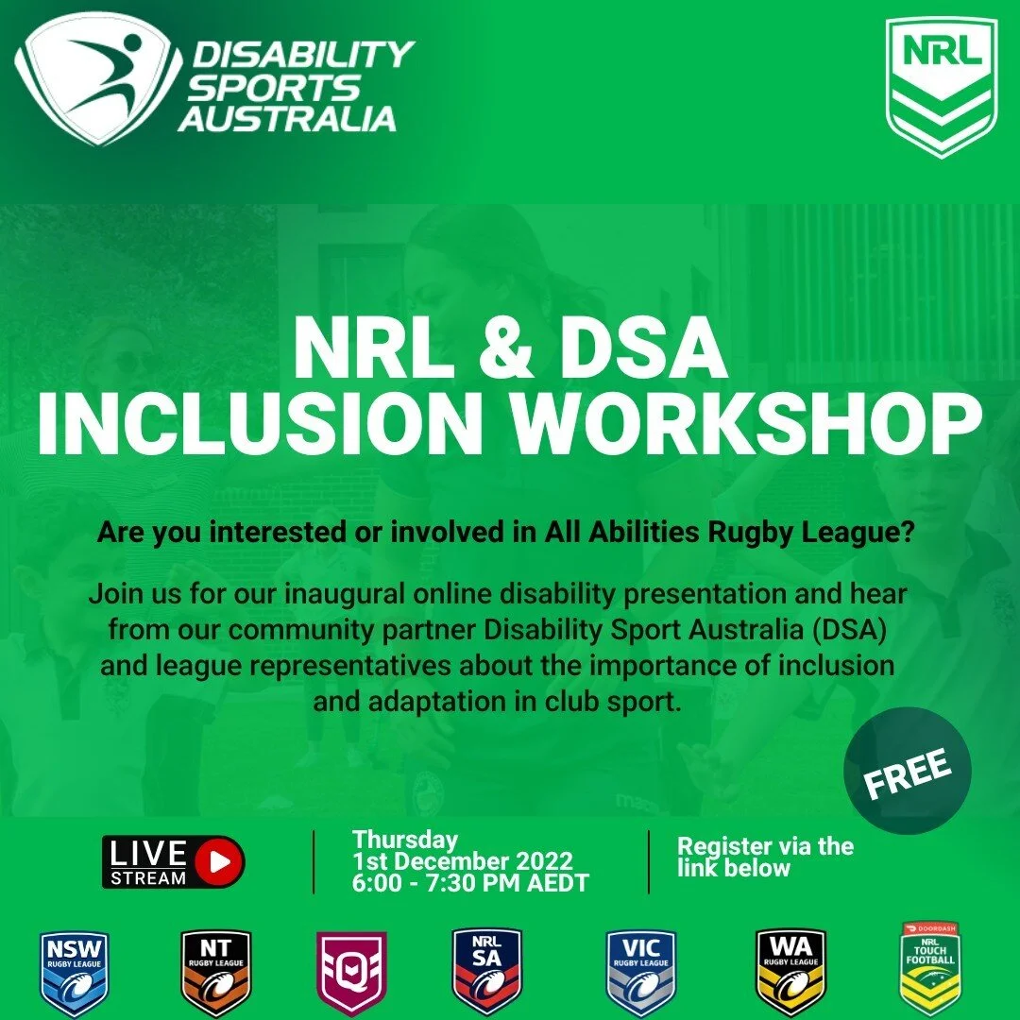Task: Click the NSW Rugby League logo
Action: click(74, 972)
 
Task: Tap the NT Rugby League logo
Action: click(215, 972)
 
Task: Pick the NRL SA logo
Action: click(486, 972)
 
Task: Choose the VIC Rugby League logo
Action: click(640, 972)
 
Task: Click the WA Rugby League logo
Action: click(790, 972)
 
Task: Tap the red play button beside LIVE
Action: click(221, 861)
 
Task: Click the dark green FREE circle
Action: click(907, 770)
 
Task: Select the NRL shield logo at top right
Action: click(942, 86)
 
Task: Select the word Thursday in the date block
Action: click(404, 839)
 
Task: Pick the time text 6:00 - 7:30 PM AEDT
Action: click(470, 883)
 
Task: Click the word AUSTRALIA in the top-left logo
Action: click(287, 118)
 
